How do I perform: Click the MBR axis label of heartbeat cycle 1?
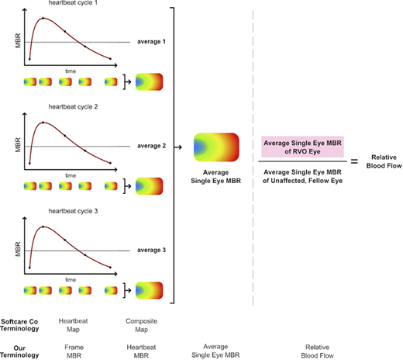tap(19, 36)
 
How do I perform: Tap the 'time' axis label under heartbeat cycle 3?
tap(71, 279)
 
